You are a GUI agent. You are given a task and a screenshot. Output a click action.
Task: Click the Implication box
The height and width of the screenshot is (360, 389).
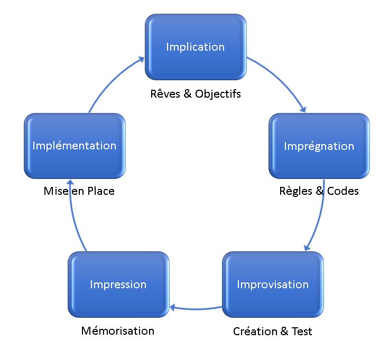(196, 47)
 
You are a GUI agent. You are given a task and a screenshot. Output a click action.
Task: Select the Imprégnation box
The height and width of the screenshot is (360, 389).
(319, 146)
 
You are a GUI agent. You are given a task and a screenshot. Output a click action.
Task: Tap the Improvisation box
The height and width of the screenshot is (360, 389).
(273, 285)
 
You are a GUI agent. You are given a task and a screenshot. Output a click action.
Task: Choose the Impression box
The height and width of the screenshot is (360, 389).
(118, 285)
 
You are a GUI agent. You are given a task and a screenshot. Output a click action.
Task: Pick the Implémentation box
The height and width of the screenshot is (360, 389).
(75, 146)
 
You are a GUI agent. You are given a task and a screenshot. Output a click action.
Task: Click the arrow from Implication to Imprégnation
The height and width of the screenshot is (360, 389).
(281, 79)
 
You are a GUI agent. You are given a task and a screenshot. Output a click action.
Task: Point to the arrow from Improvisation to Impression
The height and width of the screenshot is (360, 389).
(196, 309)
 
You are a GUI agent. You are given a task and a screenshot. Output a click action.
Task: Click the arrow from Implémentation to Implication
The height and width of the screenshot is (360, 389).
(112, 80)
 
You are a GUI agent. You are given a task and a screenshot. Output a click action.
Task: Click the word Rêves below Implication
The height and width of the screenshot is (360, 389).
(165, 94)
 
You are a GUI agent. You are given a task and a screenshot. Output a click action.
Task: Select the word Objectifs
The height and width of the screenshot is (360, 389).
(218, 94)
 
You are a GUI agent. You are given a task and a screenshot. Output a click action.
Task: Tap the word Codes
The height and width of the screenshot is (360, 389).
(342, 191)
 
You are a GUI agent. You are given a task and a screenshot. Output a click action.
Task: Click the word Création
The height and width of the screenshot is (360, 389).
(255, 331)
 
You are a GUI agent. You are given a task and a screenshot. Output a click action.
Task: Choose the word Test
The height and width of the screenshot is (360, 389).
(302, 331)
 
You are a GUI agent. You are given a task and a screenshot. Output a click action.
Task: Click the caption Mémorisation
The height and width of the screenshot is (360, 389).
(118, 331)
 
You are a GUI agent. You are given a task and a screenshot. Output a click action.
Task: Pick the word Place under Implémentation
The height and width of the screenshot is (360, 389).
(101, 191)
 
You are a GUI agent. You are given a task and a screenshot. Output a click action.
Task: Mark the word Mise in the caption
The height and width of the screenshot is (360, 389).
(56, 191)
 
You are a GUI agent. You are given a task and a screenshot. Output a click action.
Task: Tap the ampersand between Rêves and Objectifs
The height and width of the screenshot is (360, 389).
(188, 94)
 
